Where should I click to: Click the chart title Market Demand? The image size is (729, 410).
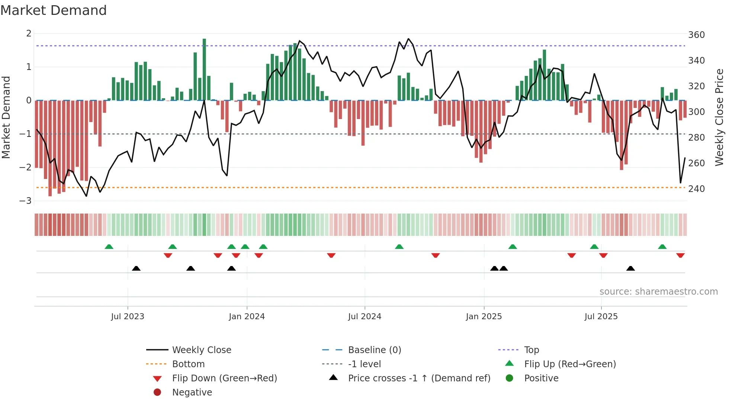(54, 10)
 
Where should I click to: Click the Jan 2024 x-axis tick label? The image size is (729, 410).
(247, 317)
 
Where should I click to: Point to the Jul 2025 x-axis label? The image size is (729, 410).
(601, 317)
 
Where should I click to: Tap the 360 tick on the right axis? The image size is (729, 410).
(696, 35)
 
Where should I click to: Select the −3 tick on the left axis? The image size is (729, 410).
(26, 201)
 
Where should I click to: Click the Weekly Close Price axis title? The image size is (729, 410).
(719, 117)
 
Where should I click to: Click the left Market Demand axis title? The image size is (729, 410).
(6, 117)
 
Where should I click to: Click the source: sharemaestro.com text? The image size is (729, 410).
(658, 292)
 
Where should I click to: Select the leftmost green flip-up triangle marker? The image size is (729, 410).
(109, 247)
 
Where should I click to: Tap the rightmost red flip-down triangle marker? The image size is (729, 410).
(680, 255)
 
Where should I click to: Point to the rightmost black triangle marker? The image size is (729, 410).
(630, 268)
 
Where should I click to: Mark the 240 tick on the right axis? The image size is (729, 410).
(696, 189)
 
